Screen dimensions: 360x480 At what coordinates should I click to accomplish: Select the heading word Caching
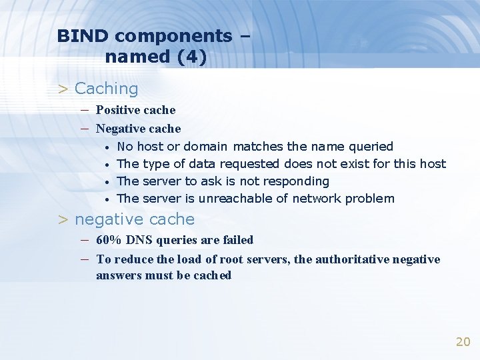107,89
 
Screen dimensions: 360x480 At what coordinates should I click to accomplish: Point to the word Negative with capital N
120,128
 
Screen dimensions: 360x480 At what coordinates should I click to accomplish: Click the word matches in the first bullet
258,146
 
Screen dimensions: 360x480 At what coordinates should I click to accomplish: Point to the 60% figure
108,239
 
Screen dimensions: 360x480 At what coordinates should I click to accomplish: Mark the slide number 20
463,341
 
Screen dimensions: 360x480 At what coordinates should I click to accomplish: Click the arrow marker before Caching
63,89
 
